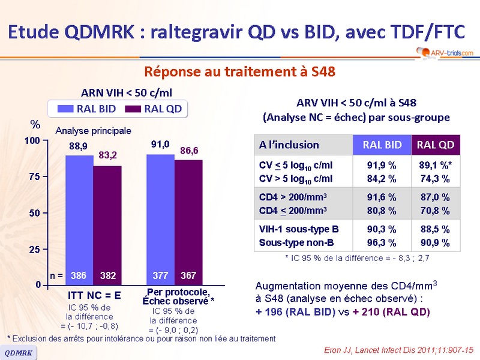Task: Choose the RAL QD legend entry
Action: (x=154, y=109)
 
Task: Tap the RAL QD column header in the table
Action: (x=435, y=145)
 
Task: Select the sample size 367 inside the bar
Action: (x=188, y=277)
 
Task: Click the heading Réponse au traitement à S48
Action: (x=239, y=71)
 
